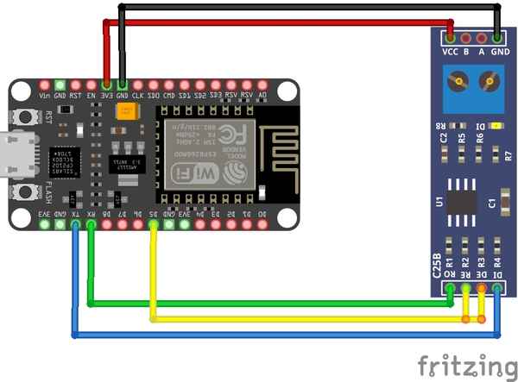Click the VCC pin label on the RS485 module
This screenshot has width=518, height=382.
tap(450, 52)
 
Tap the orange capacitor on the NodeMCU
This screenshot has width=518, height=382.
tap(129, 112)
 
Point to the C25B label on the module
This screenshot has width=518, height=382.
tap(437, 264)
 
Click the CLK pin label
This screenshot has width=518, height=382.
tap(138, 96)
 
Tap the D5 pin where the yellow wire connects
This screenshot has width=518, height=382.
tap(153, 224)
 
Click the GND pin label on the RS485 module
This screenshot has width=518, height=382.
tap(499, 52)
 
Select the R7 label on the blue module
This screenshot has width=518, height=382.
tap(508, 156)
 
